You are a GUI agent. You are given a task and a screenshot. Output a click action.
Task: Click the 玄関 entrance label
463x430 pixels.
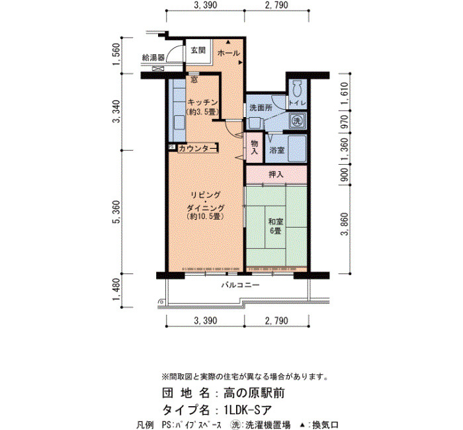(198, 50)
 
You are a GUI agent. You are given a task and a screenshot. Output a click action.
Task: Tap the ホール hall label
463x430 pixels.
(229, 54)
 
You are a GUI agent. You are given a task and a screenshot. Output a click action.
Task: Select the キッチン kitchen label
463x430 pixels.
(202, 103)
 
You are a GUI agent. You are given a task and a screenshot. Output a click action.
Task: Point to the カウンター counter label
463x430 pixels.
(198, 148)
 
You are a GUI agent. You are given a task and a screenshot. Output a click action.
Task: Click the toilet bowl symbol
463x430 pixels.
(296, 88)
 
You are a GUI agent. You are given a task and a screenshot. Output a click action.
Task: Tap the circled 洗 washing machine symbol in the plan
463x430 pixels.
(296, 120)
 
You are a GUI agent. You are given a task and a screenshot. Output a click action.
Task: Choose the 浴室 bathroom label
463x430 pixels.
(276, 150)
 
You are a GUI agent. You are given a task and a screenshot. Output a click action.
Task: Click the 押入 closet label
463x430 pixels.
(276, 175)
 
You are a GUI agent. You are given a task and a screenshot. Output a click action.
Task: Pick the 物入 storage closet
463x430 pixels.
(254, 148)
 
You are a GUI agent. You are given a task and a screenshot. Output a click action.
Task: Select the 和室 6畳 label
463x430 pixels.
(276, 226)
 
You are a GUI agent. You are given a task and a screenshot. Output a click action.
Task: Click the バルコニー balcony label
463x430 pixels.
(240, 285)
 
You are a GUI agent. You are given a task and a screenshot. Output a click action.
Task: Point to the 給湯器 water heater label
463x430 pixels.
(153, 58)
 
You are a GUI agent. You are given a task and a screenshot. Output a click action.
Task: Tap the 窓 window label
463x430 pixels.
(194, 79)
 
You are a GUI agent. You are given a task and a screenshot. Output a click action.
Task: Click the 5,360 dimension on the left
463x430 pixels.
(117, 212)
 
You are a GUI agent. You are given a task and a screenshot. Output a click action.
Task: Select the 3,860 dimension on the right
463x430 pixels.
(345, 224)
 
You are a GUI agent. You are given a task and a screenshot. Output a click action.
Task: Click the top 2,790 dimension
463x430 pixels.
(276, 5)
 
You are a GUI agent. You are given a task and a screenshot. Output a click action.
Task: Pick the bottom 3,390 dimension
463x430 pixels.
(206, 320)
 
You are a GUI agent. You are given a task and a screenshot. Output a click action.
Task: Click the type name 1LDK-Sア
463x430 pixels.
(247, 410)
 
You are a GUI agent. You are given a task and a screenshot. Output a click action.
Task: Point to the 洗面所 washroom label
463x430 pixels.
(261, 108)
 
